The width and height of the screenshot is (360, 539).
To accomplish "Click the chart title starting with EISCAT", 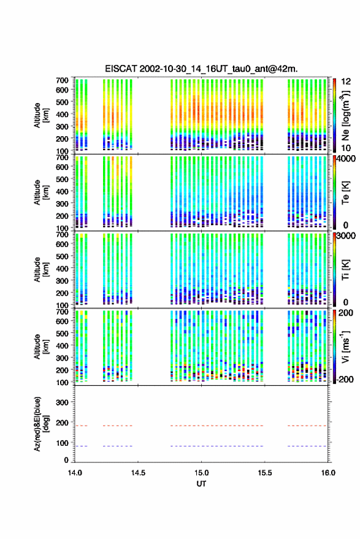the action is (201, 69).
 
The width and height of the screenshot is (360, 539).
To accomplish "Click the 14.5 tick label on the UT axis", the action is (138, 473).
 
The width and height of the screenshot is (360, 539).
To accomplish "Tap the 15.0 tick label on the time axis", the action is (201, 473).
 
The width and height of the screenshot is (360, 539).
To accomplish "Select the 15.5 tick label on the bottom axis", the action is (264, 473).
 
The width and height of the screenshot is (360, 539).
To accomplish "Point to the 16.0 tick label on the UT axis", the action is (327, 473).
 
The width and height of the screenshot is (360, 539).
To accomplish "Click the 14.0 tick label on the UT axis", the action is (75, 473).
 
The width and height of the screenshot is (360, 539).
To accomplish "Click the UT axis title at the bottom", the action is (201, 484).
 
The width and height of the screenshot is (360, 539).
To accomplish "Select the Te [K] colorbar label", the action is (345, 193).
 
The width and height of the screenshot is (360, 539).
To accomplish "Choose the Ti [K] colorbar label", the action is (345, 270).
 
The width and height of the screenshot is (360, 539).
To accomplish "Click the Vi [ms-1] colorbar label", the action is (345, 346).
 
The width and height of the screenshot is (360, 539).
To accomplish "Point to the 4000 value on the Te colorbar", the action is (346, 159).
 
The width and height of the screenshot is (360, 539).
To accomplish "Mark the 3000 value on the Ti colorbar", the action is (346, 236).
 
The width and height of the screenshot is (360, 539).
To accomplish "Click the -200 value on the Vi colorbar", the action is (345, 379).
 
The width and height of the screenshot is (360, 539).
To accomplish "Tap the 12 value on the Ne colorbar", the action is (346, 82).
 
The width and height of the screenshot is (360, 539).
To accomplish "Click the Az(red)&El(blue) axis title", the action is (41, 424).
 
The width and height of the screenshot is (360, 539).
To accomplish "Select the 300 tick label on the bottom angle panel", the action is (62, 402).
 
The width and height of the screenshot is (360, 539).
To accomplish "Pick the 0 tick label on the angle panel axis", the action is (66, 460).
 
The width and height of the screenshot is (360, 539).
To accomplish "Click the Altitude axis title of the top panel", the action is (41, 115).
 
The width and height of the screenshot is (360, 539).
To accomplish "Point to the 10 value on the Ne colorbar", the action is (346, 148).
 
